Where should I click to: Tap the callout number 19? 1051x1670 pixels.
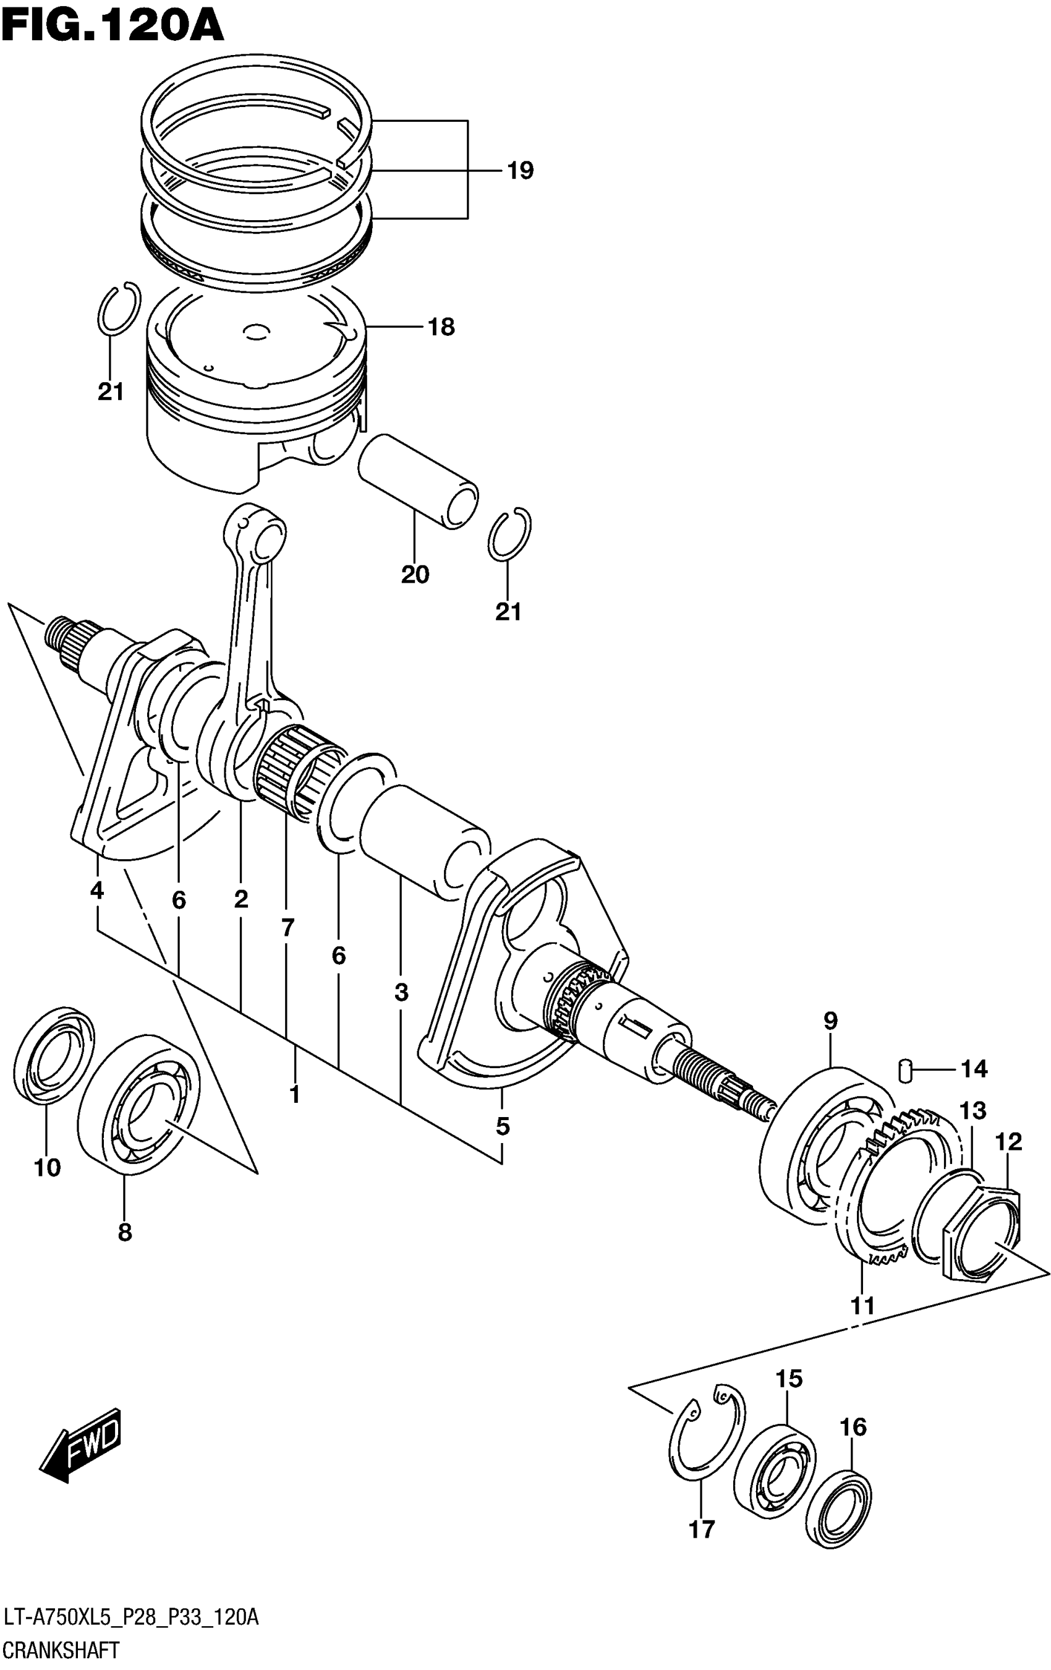520,170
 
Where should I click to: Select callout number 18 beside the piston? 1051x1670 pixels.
441,327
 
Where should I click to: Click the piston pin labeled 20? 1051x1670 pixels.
417,481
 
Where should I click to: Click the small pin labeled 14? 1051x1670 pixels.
903,1070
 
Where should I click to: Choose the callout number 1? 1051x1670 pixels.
295,1094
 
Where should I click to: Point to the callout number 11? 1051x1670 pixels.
862,1306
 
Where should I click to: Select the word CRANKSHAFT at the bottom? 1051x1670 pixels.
61,1650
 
